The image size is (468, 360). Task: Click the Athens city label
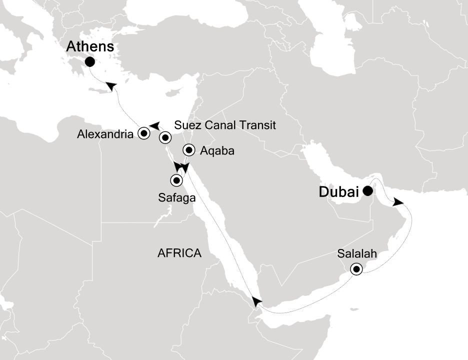point(90,47)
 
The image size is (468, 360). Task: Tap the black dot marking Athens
point(90,62)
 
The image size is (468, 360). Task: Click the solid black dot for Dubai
point(368,190)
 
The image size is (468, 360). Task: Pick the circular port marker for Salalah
point(356,269)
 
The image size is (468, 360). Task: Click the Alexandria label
point(105,134)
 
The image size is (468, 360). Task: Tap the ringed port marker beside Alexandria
point(144,133)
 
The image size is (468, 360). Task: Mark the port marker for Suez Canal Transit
point(165,137)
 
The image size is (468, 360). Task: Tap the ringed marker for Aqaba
point(189,149)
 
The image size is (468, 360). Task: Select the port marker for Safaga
point(176,180)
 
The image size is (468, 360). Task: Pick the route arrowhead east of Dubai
point(398,202)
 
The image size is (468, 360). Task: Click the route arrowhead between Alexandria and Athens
point(111,86)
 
